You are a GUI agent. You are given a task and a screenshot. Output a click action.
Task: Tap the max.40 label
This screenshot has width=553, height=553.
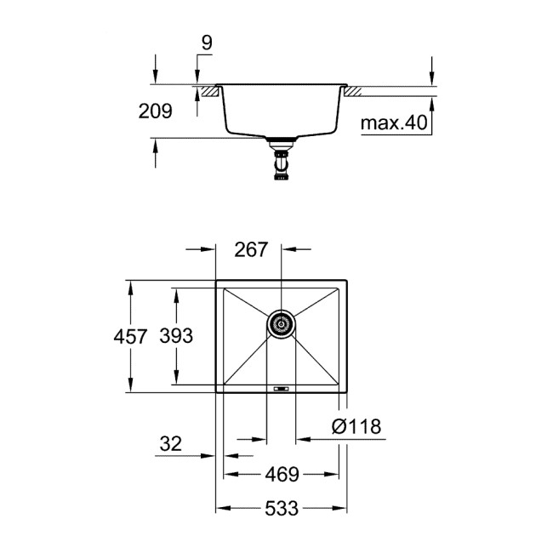[x=392, y=124]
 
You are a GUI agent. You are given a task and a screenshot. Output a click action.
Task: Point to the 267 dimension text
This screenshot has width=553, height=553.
[x=252, y=250]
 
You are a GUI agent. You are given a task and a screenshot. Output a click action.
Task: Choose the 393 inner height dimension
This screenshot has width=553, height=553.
[x=177, y=336]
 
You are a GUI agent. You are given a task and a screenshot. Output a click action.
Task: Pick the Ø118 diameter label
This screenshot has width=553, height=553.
[x=356, y=425]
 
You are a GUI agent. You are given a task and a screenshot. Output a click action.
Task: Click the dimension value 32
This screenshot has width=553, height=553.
[x=170, y=442]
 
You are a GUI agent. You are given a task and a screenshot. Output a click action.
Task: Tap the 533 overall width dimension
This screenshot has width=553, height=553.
[x=280, y=509]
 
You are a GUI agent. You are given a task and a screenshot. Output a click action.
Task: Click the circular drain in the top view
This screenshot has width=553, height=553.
[x=281, y=322]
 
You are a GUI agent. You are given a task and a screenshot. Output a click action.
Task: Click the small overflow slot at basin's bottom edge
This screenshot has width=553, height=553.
[x=280, y=388]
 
